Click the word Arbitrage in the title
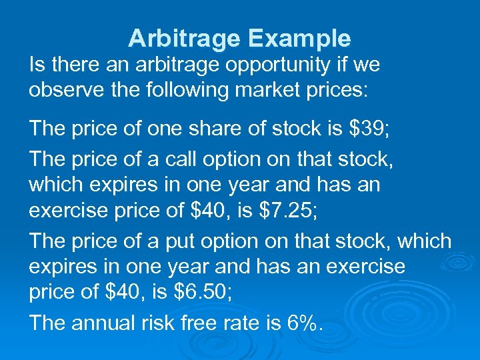pos(184,39)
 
